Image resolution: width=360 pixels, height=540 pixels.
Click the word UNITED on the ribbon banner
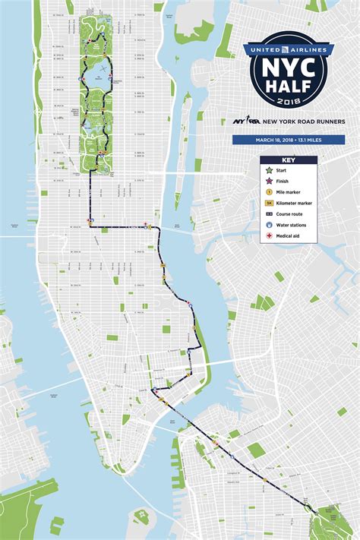(x=262, y=49)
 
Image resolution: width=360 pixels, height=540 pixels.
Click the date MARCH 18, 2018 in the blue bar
(x=276, y=140)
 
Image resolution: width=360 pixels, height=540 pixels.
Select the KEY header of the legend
(x=289, y=161)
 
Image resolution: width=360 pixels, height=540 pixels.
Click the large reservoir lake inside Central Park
(x=97, y=77)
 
